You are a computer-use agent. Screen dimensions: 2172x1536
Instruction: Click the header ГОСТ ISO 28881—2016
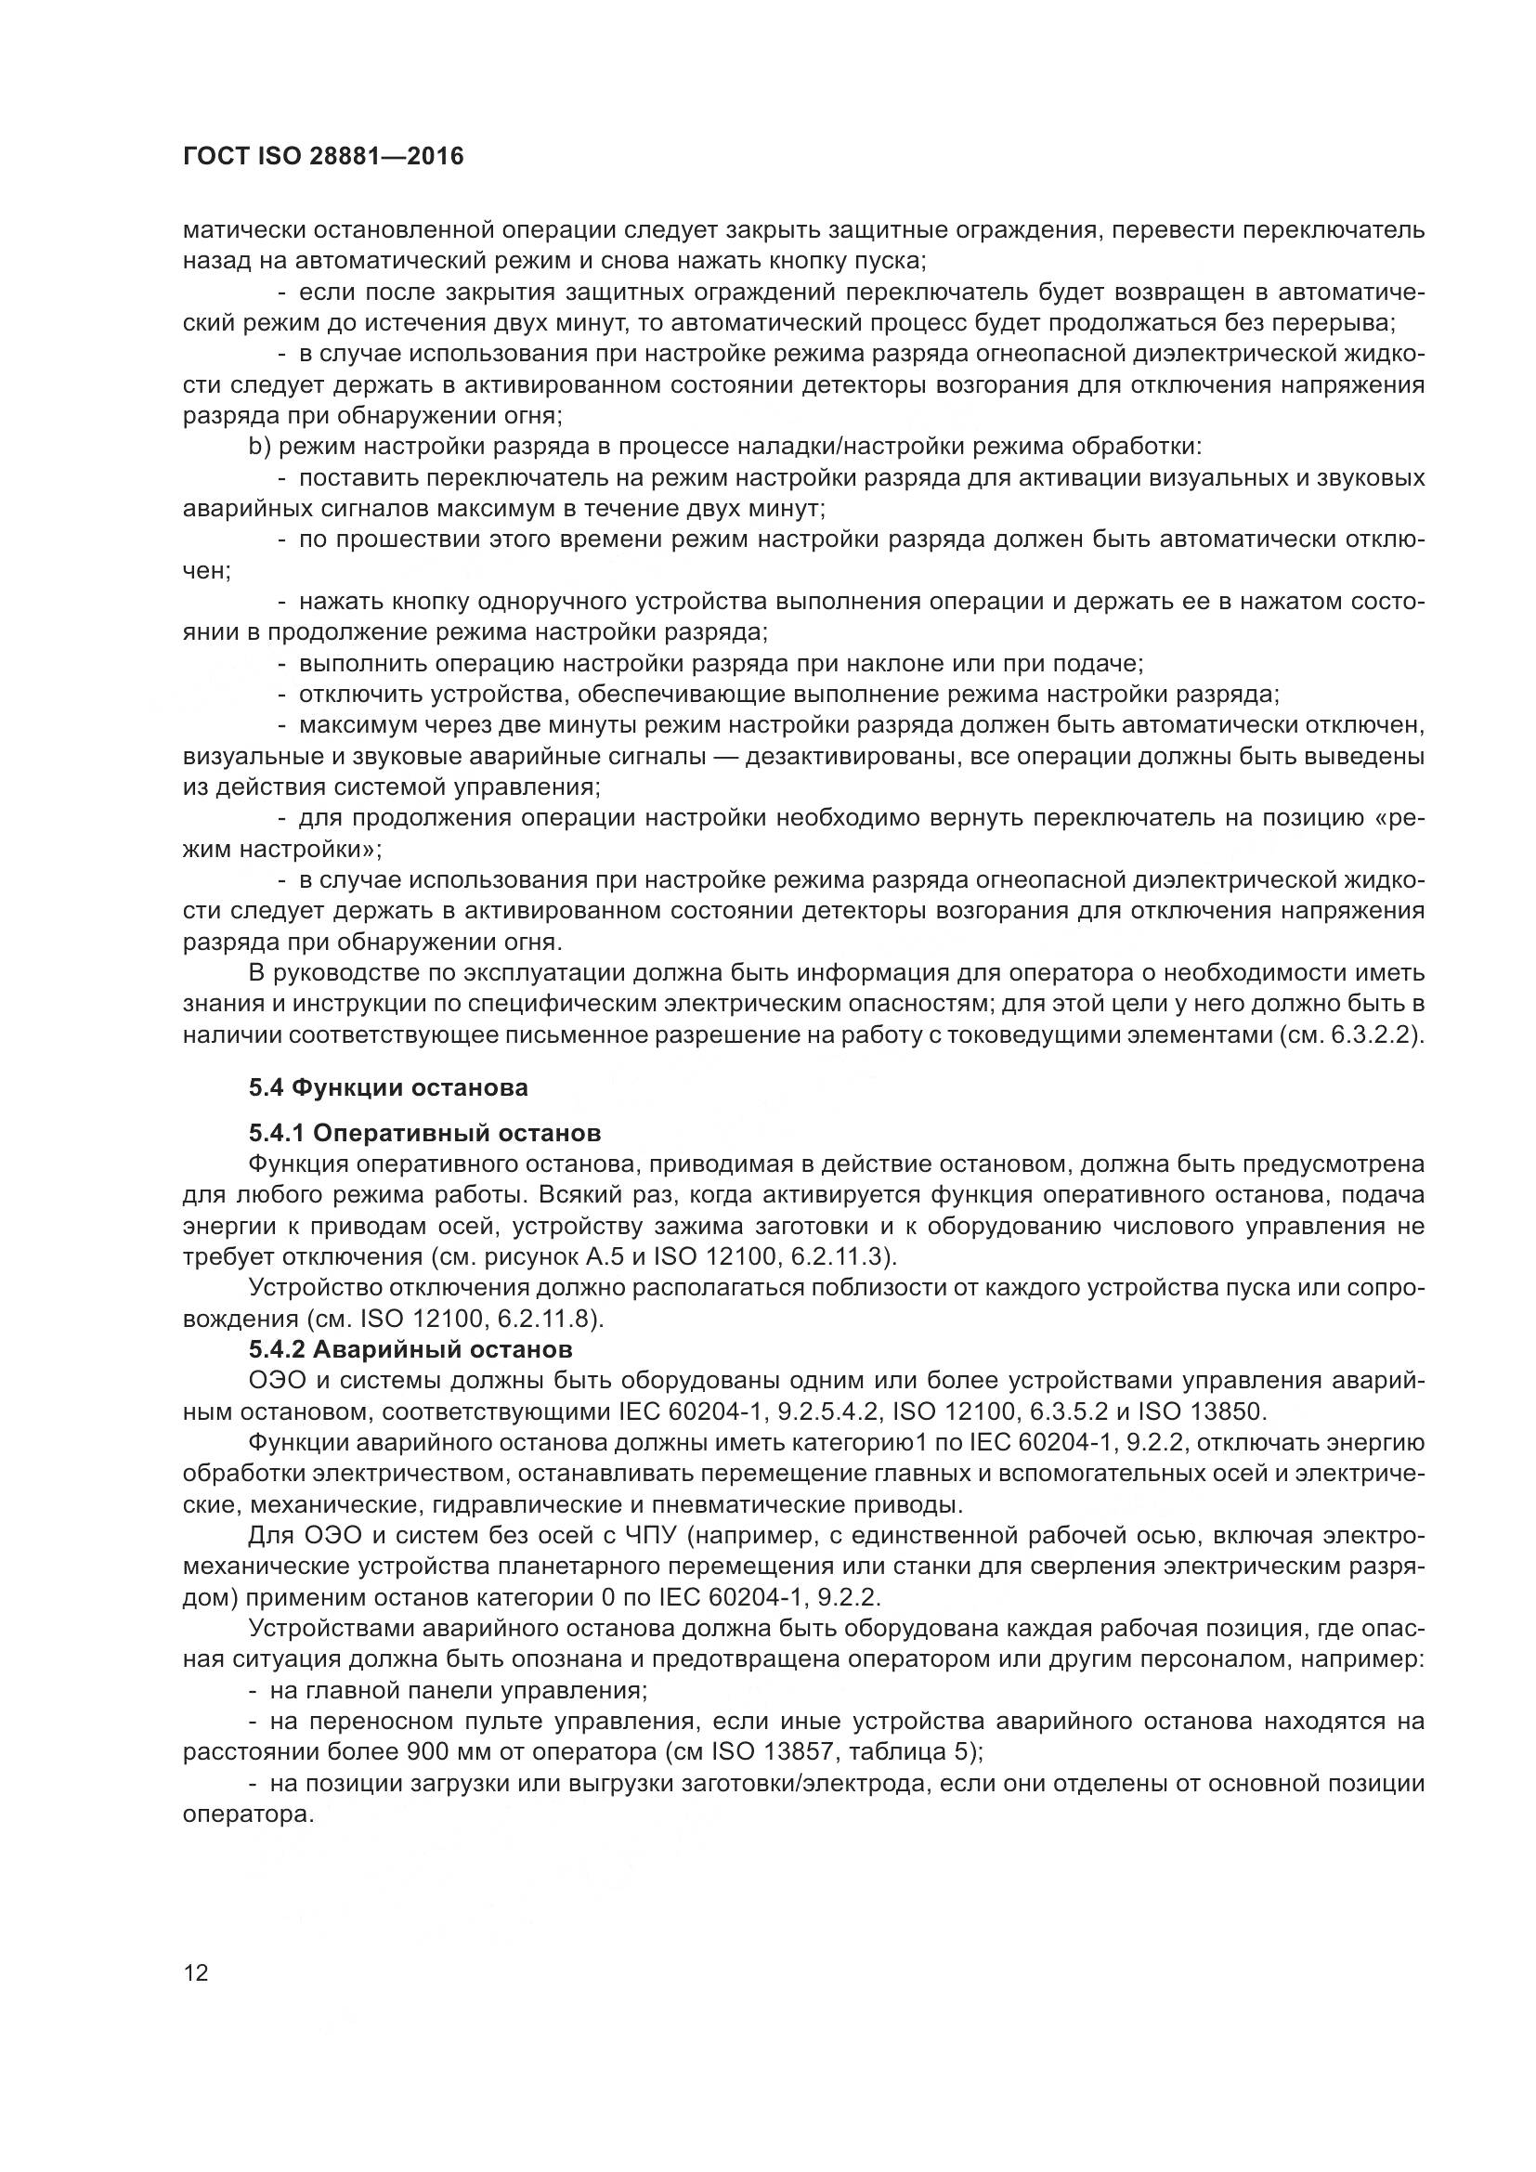[x=322, y=156]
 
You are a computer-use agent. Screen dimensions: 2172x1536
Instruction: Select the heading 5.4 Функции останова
[x=388, y=1088]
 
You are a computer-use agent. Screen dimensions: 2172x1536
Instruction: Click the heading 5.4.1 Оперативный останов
[x=424, y=1133]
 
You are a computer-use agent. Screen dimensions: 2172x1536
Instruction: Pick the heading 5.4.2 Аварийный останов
[x=410, y=1347]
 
